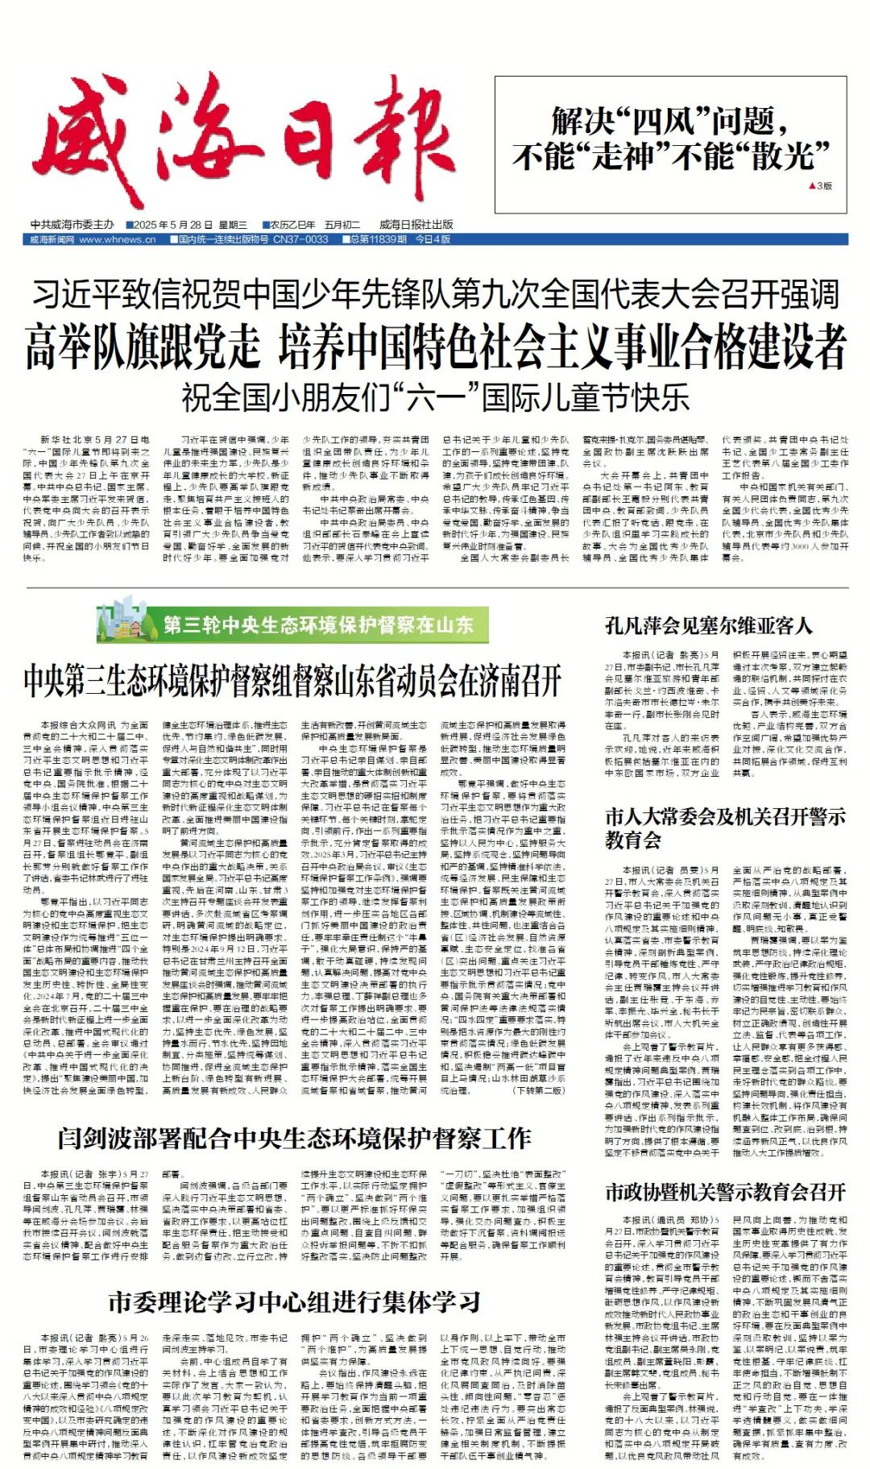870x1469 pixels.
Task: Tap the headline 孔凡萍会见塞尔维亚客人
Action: tap(708, 626)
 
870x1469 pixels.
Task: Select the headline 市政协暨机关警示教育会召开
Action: tap(725, 1192)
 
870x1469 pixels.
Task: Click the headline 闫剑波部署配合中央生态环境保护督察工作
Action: tap(294, 1139)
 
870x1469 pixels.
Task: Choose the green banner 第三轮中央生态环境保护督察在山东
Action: tap(317, 625)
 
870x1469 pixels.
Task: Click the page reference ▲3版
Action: tap(820, 186)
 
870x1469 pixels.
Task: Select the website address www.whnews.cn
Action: tap(117, 239)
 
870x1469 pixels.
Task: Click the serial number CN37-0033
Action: tap(300, 239)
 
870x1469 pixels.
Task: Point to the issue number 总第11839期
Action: tap(378, 239)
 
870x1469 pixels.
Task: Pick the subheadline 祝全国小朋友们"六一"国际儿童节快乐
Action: tap(435, 396)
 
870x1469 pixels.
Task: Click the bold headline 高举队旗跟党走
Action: tap(143, 346)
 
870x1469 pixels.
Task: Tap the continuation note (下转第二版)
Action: tap(539, 1090)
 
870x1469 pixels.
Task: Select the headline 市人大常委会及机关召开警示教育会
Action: tap(725, 828)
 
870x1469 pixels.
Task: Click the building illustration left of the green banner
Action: tap(126, 620)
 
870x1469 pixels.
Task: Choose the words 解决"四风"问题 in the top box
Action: tap(669, 122)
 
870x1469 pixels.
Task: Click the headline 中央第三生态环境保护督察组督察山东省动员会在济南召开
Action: tap(293, 681)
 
